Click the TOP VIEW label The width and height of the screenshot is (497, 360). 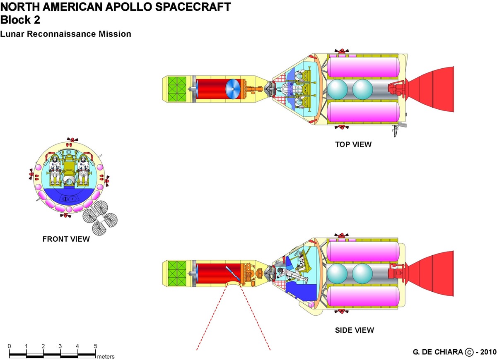tap(353, 144)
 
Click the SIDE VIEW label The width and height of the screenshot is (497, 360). tap(354, 330)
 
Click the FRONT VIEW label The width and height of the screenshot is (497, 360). tap(66, 239)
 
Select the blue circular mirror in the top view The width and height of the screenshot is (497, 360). tap(233, 89)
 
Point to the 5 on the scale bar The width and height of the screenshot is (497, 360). tap(96, 346)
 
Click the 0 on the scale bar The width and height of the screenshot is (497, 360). tap(10, 346)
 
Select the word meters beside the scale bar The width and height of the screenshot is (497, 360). tap(106, 356)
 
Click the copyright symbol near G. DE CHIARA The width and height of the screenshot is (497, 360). tap(469, 352)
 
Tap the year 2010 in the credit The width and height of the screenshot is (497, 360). tap(487, 352)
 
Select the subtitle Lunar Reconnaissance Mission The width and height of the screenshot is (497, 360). tap(65, 34)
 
